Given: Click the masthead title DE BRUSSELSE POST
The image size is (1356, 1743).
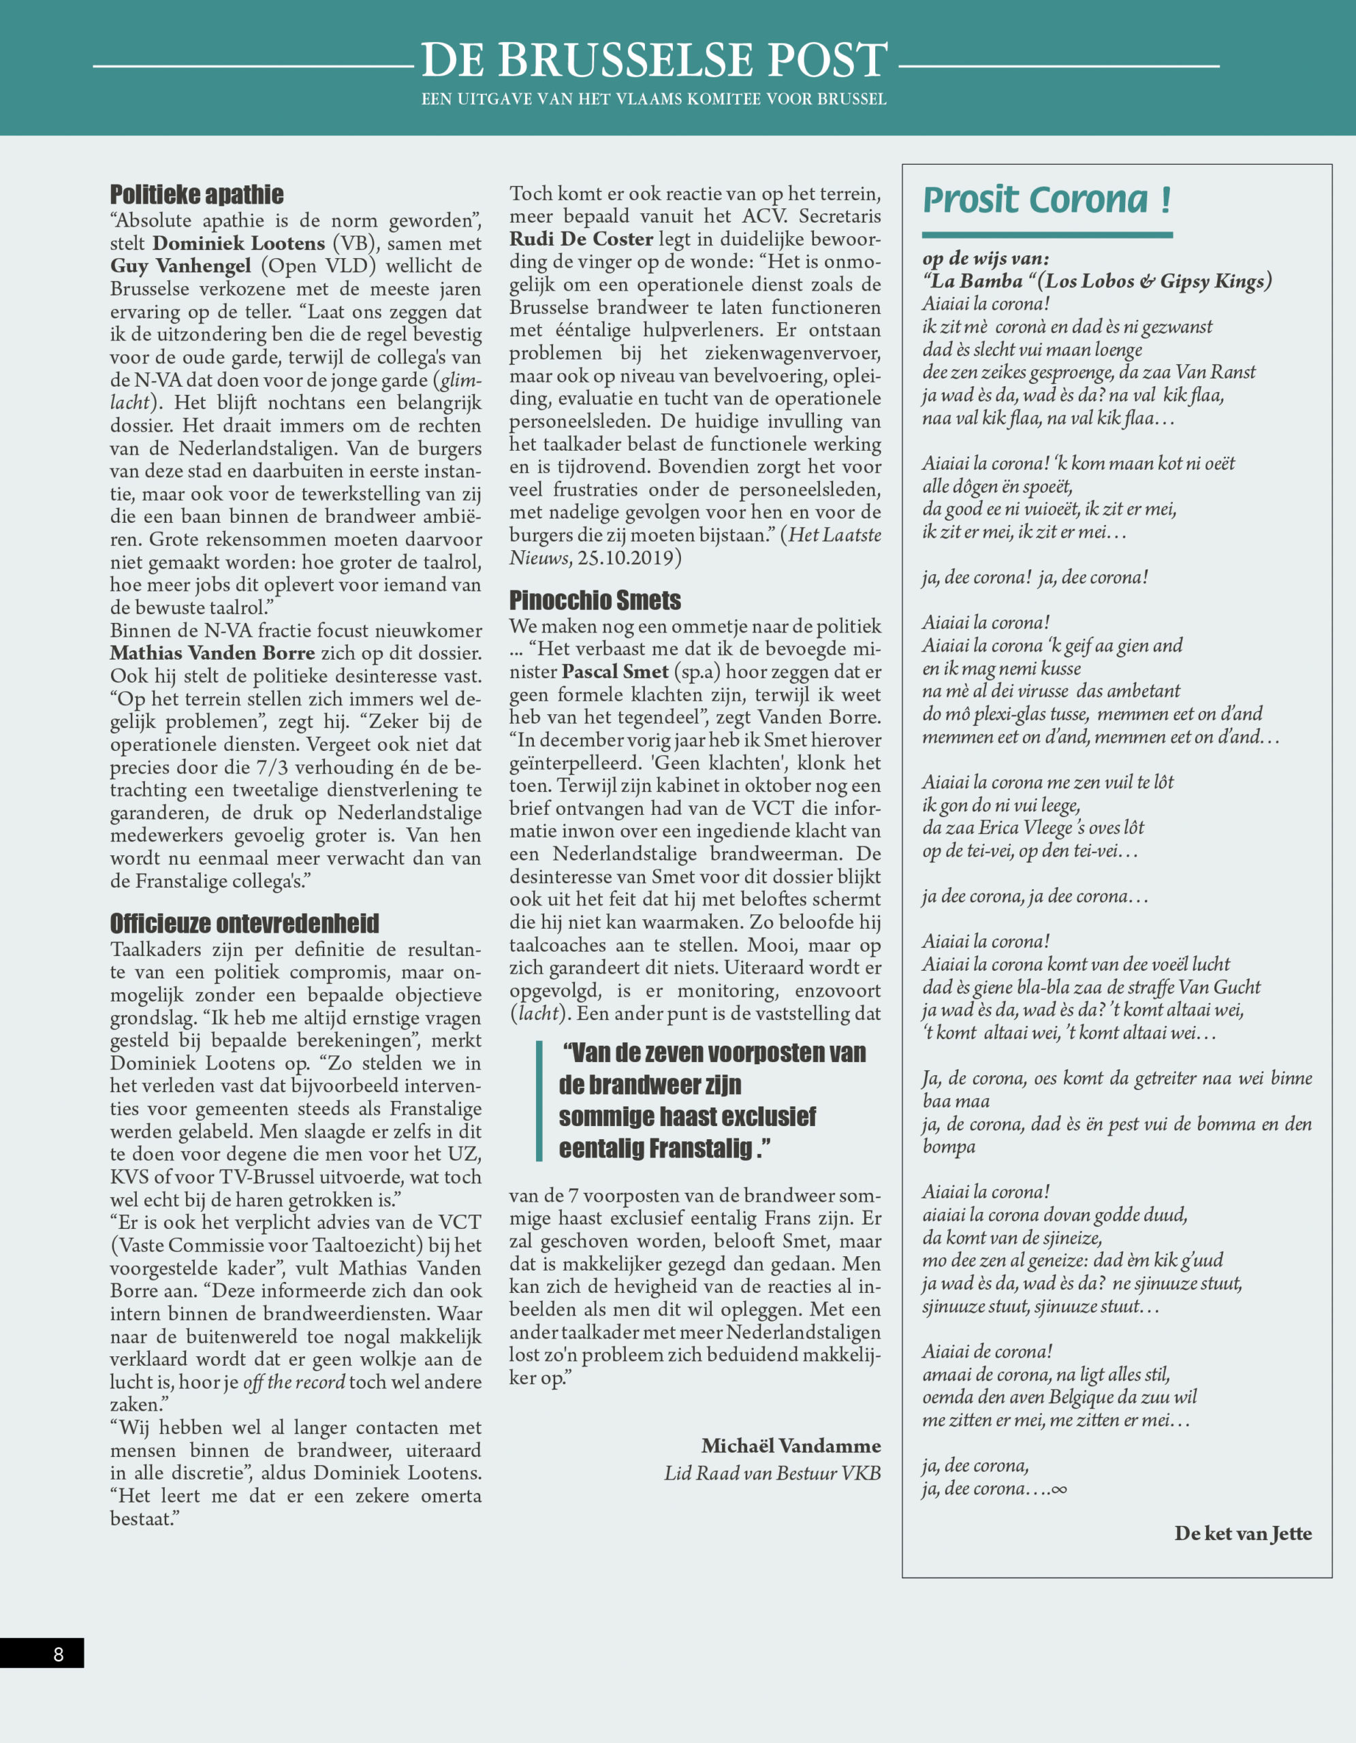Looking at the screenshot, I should (654, 60).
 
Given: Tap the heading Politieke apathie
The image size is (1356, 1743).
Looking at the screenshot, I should (196, 194).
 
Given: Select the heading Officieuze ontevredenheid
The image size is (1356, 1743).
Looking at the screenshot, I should (245, 923).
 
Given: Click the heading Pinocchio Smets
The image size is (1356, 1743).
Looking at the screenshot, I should (595, 600).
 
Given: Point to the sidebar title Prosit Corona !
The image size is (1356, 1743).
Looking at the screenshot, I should (1046, 199).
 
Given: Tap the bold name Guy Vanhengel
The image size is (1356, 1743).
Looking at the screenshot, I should (180, 266).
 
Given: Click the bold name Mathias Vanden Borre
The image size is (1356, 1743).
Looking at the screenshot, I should (212, 653).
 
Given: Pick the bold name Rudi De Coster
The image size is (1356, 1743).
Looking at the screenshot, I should (581, 238).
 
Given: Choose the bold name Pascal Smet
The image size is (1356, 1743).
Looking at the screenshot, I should (614, 672).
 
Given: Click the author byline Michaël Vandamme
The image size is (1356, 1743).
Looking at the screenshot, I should (791, 1446).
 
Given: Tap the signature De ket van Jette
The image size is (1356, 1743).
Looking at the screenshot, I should (1243, 1533).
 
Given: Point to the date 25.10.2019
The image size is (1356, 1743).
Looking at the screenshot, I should (626, 558).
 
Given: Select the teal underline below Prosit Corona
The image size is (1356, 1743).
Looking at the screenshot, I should (1046, 235).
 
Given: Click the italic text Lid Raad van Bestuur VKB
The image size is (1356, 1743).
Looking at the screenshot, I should (772, 1473).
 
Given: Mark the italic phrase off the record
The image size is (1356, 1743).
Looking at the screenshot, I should (294, 1382).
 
